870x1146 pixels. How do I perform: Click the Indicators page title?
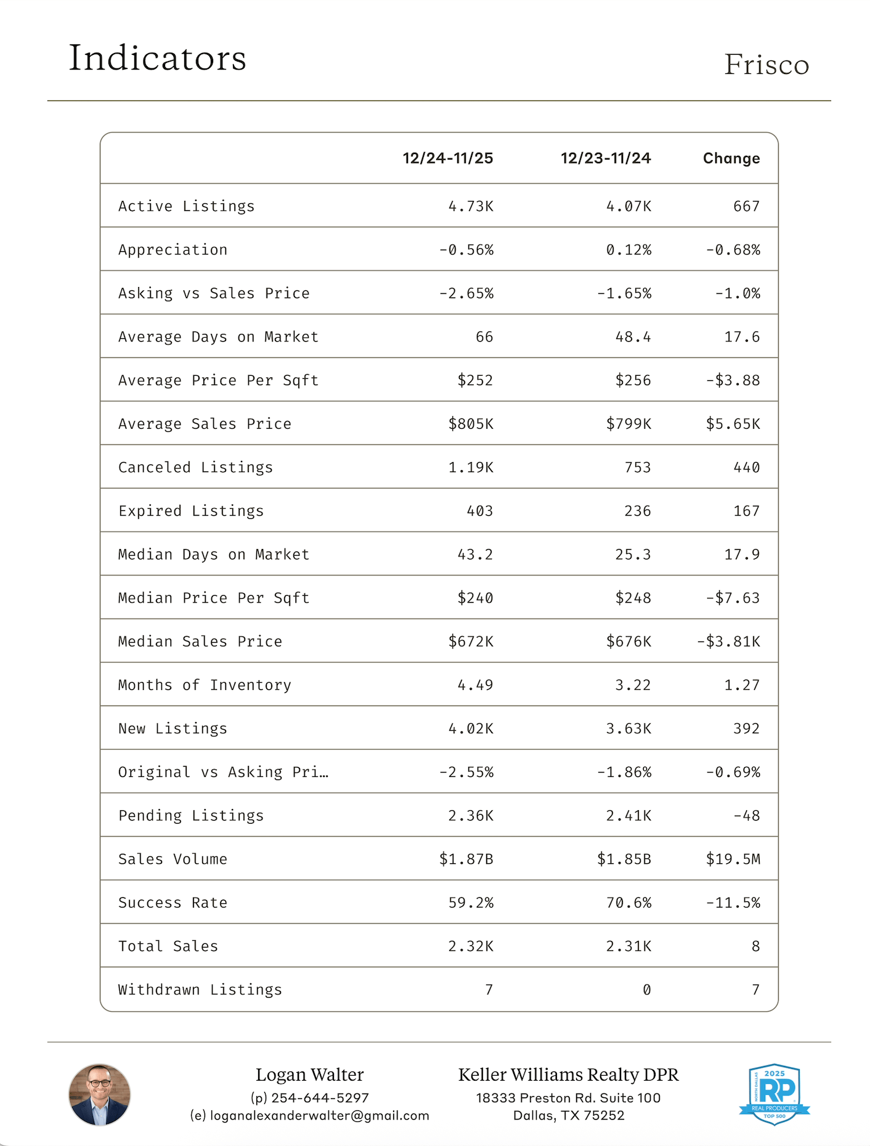tap(157, 58)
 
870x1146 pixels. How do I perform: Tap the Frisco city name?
tap(766, 65)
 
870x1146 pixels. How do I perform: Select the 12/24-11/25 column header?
tap(448, 158)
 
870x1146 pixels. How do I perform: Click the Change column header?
tap(731, 158)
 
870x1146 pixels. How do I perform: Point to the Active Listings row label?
tap(186, 206)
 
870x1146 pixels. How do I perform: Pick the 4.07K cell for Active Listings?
tap(628, 206)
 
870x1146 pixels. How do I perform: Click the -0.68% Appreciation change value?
tap(733, 250)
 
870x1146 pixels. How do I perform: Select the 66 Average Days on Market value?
tap(484, 337)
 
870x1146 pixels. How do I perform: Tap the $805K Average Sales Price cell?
tap(471, 424)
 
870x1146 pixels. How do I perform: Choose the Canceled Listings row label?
tap(195, 468)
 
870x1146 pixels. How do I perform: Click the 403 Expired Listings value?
tap(480, 511)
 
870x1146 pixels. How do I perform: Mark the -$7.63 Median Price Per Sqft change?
tap(733, 598)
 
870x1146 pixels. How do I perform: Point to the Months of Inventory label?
tap(205, 685)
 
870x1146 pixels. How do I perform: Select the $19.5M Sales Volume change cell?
tap(733, 859)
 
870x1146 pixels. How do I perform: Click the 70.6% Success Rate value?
tap(628, 903)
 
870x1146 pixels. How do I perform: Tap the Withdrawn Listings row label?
tap(200, 990)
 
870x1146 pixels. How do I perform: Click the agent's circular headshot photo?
tap(99, 1095)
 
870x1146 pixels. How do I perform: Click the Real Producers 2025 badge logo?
tap(774, 1094)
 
